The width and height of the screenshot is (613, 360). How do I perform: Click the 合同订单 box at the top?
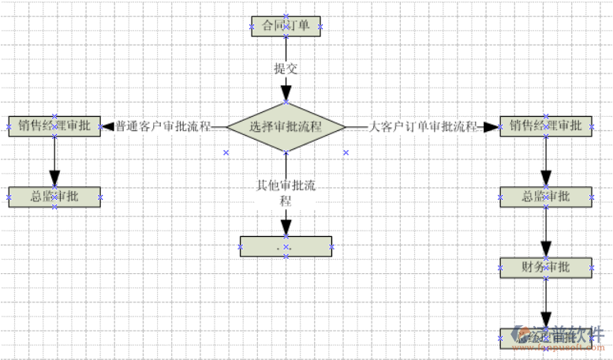click(286, 26)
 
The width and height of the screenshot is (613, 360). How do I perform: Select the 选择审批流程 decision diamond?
click(286, 126)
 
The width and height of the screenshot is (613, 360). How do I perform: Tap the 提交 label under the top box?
click(286, 68)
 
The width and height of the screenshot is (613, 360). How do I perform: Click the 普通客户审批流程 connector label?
click(163, 126)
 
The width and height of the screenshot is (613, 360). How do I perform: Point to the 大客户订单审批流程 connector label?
click(424, 126)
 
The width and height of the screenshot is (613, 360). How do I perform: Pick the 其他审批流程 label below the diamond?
click(286, 193)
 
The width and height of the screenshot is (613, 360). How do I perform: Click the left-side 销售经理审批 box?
click(54, 126)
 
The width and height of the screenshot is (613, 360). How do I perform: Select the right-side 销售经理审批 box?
click(545, 126)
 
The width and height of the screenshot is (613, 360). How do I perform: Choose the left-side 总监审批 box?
click(54, 197)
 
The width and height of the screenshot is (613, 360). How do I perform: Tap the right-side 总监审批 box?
click(545, 197)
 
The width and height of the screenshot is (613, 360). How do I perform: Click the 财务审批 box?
click(545, 268)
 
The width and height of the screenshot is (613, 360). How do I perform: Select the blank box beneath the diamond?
click(286, 246)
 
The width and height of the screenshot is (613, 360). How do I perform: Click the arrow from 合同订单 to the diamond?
click(286, 87)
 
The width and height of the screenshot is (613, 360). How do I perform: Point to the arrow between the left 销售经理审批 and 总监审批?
click(54, 162)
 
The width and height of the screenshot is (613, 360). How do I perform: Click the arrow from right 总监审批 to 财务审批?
click(545, 233)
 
